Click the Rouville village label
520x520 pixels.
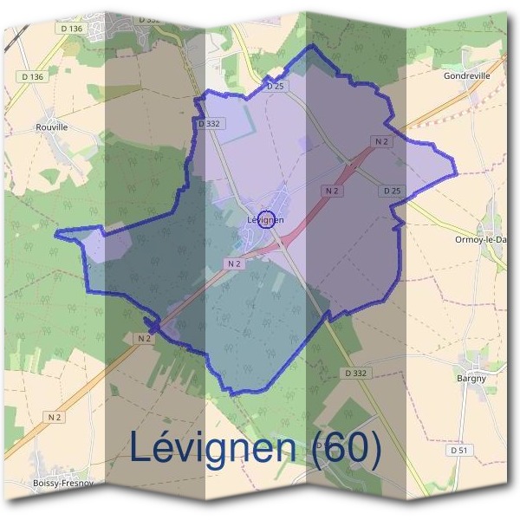52,127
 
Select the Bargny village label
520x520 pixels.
473,379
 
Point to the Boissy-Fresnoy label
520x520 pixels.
62,483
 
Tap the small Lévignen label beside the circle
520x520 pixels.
266,220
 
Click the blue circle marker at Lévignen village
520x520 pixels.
266,219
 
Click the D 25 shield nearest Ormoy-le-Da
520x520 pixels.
392,191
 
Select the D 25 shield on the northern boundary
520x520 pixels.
276,86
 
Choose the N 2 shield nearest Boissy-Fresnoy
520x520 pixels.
55,417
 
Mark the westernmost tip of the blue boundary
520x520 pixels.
55,234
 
